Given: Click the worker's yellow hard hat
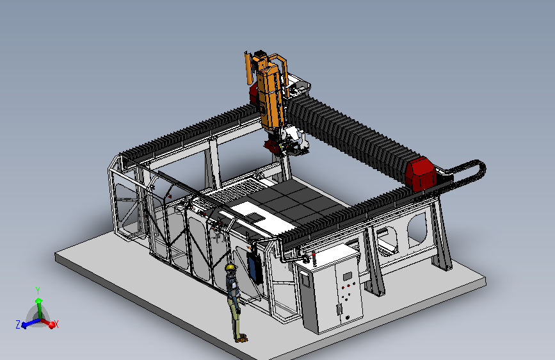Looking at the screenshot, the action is coord(230,267).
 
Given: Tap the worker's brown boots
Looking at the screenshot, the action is coord(241,338).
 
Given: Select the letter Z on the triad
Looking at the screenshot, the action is coord(18,324).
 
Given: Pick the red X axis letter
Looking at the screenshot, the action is coord(56,324).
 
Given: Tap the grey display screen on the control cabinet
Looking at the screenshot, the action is coord(347,276).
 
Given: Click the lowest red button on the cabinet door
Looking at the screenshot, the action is coord(348,317).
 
